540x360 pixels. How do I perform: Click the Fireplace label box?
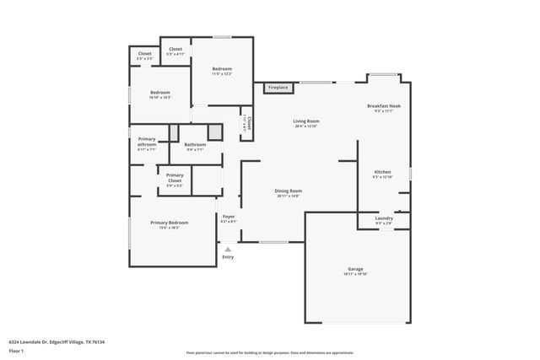coord(278,88)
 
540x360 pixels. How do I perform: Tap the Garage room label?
coord(355,271)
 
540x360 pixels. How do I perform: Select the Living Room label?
coord(305,123)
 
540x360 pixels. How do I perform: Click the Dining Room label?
coord(288,193)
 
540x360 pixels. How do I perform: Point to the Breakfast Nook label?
coord(383,108)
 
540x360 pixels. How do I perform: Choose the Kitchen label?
coord(382,175)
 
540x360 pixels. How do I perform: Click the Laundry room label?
coord(383,220)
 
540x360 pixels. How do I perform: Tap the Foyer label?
coord(228,218)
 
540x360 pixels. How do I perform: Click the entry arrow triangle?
coord(227,249)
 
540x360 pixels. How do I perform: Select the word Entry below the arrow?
coord(227,256)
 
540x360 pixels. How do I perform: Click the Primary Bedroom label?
coord(169,224)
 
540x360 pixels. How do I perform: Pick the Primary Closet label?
coord(175,179)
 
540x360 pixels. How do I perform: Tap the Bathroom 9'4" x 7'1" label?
coord(195,147)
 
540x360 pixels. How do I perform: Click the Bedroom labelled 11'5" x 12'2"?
coord(222,71)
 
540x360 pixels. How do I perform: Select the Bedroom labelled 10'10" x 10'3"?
coord(160,94)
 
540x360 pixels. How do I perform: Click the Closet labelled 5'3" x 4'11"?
coord(175,51)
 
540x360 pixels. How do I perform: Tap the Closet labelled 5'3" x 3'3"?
coord(144,56)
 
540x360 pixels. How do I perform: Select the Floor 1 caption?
coord(17,351)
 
